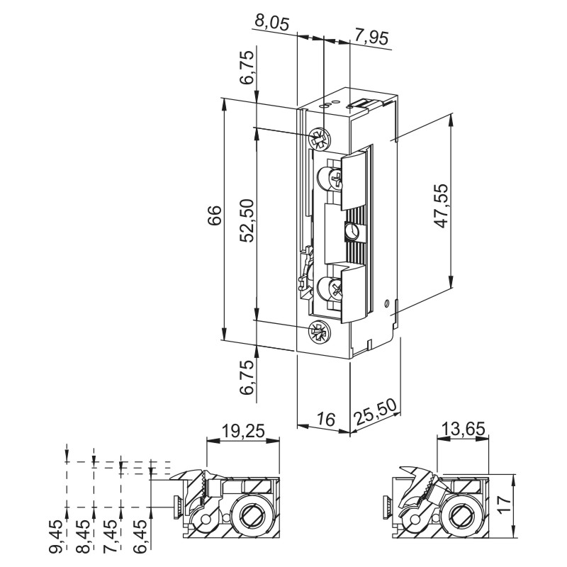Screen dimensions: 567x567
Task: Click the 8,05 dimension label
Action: [x=271, y=23]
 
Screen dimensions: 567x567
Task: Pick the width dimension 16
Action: [x=324, y=420]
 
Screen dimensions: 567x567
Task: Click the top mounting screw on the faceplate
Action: [x=320, y=138]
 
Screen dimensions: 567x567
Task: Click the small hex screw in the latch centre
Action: [x=351, y=232]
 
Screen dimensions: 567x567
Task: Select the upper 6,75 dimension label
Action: [x=247, y=69]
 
